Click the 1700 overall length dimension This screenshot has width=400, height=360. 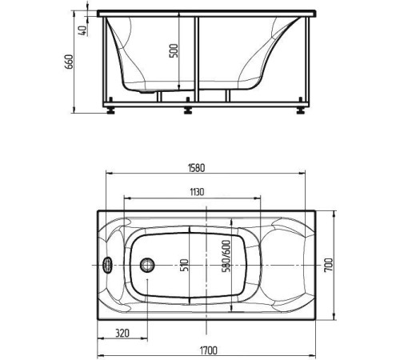pos(208,350)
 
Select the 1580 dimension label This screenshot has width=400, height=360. pos(197,168)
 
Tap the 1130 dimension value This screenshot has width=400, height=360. pos(197,192)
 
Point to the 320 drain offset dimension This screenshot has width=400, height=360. pos(122,333)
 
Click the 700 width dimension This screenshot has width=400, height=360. pos(329,265)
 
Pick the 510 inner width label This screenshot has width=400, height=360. pos(186,265)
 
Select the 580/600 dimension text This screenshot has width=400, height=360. pos(226,256)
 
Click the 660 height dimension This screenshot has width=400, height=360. pos(69,62)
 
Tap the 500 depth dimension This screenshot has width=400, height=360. pos(174,50)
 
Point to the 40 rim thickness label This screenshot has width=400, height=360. pos(83,30)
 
